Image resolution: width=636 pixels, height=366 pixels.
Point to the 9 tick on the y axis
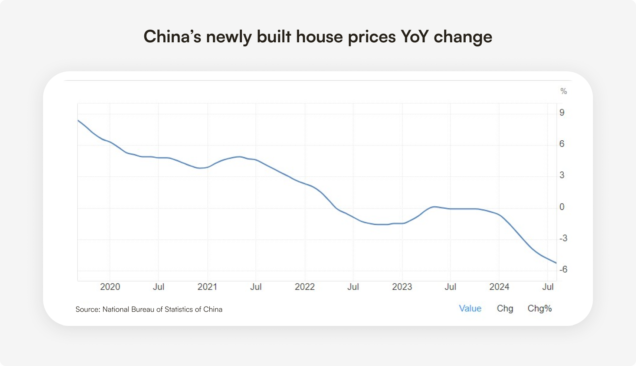tap(563, 113)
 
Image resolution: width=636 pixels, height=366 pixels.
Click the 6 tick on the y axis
tap(563, 144)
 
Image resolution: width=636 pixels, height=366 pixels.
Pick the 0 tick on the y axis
tap(563, 207)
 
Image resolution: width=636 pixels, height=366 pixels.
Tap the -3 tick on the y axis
tap(563, 238)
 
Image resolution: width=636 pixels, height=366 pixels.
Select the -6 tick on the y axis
tap(563, 269)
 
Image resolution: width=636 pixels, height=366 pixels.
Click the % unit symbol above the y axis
tap(563, 92)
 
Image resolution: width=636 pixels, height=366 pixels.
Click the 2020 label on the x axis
tap(110, 287)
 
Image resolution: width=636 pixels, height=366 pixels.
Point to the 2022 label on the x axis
tap(304, 287)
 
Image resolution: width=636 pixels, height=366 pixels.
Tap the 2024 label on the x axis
tap(499, 287)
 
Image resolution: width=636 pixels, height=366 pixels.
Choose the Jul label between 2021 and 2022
tap(256, 287)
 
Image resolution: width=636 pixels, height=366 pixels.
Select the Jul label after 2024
tap(547, 287)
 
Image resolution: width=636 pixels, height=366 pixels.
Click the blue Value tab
tap(470, 308)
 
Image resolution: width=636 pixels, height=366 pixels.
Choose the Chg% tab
tap(540, 308)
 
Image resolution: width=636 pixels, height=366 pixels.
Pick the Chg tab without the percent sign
tap(505, 308)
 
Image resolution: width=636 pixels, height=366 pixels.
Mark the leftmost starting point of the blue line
tap(78, 120)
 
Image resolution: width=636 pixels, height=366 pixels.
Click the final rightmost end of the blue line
tap(556, 263)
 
